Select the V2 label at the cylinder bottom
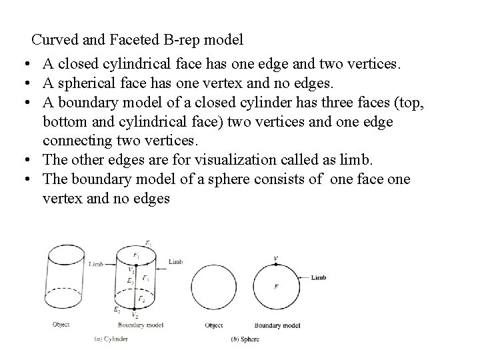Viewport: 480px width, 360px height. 136,315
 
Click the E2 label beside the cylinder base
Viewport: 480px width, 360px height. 116,310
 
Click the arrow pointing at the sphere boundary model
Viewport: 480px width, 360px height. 304,277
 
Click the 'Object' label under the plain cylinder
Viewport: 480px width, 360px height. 61,325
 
